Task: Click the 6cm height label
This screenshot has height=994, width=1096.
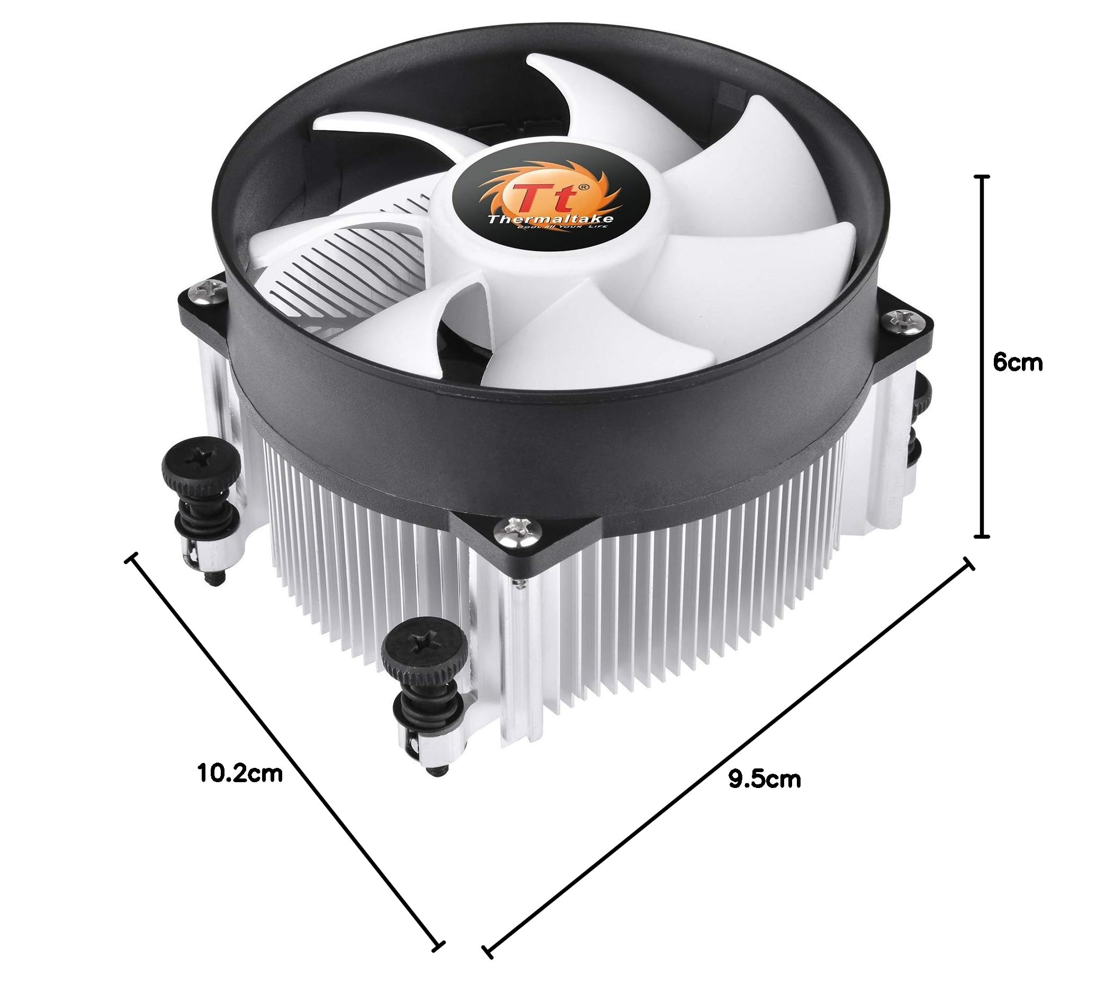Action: pyautogui.click(x=1017, y=362)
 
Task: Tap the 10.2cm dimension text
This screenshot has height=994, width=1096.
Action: pyautogui.click(x=240, y=773)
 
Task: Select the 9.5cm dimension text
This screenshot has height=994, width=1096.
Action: pyautogui.click(x=764, y=779)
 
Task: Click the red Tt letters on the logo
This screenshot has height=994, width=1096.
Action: pyautogui.click(x=540, y=197)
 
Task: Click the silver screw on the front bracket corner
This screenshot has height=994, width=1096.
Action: pyautogui.click(x=513, y=526)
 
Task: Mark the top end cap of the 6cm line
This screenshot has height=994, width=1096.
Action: pyautogui.click(x=982, y=177)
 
